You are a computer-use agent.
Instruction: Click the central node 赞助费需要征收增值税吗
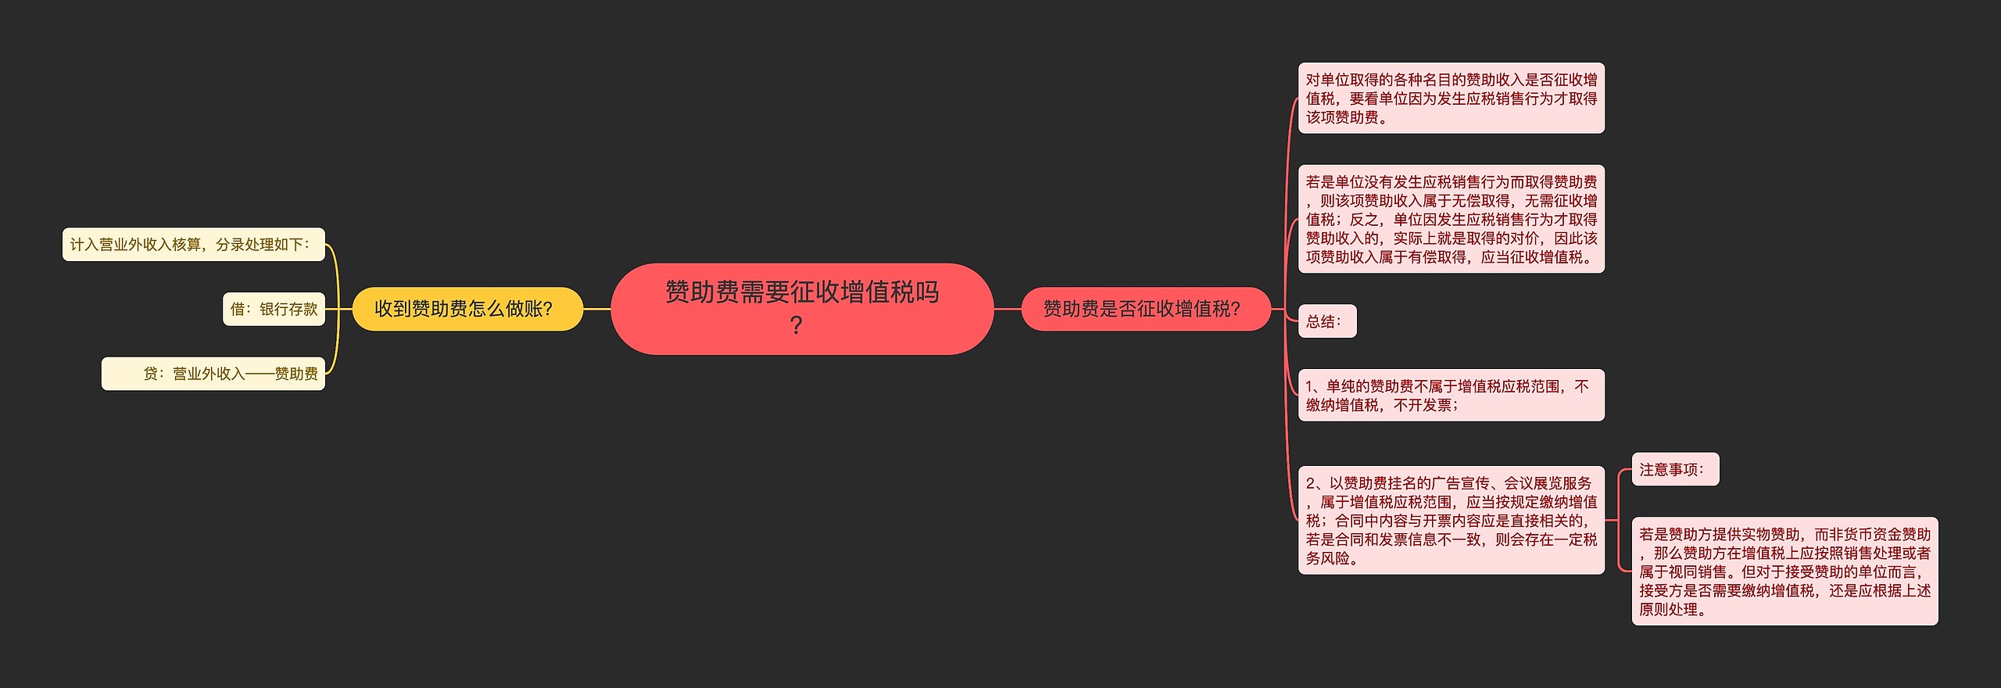801,293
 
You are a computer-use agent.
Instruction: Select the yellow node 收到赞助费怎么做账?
467,309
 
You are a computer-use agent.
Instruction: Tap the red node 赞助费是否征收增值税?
1144,309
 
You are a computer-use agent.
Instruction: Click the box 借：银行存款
274,310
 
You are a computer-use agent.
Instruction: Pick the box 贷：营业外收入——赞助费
213,374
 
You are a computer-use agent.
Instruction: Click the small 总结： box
1326,321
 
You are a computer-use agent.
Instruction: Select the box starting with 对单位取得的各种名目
1451,99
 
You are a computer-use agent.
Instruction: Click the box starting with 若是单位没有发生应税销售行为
1451,220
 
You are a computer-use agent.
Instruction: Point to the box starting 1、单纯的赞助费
1451,396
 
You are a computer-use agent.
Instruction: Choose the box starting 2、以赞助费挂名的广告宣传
1451,521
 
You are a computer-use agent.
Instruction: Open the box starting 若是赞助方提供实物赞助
1784,572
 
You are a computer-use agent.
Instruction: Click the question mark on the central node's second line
796,325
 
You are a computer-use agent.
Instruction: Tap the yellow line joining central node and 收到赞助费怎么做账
597,310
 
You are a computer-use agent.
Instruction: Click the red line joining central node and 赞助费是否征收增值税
1008,310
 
